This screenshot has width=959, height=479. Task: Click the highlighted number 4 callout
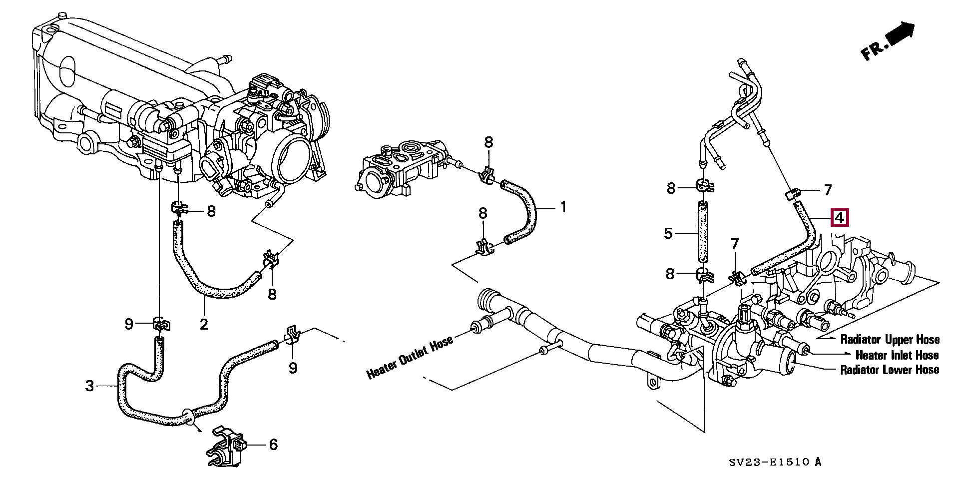pyautogui.click(x=839, y=218)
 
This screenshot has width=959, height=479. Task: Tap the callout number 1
pyautogui.click(x=563, y=207)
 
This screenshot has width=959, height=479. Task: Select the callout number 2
pyautogui.click(x=203, y=324)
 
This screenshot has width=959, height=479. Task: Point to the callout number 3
pyautogui.click(x=89, y=386)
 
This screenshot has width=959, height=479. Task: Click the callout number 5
pyautogui.click(x=668, y=233)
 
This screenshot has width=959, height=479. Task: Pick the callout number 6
pyautogui.click(x=273, y=445)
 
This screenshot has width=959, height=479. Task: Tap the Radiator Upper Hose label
pyautogui.click(x=890, y=340)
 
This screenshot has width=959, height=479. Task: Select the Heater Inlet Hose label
pyautogui.click(x=897, y=355)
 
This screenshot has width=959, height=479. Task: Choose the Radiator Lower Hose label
pyautogui.click(x=890, y=370)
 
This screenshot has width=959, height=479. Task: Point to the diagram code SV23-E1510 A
pyautogui.click(x=774, y=462)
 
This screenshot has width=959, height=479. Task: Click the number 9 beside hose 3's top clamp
pyautogui.click(x=129, y=325)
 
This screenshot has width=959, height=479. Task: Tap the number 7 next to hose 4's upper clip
pyautogui.click(x=828, y=190)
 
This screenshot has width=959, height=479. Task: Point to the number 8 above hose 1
pyautogui.click(x=488, y=142)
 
